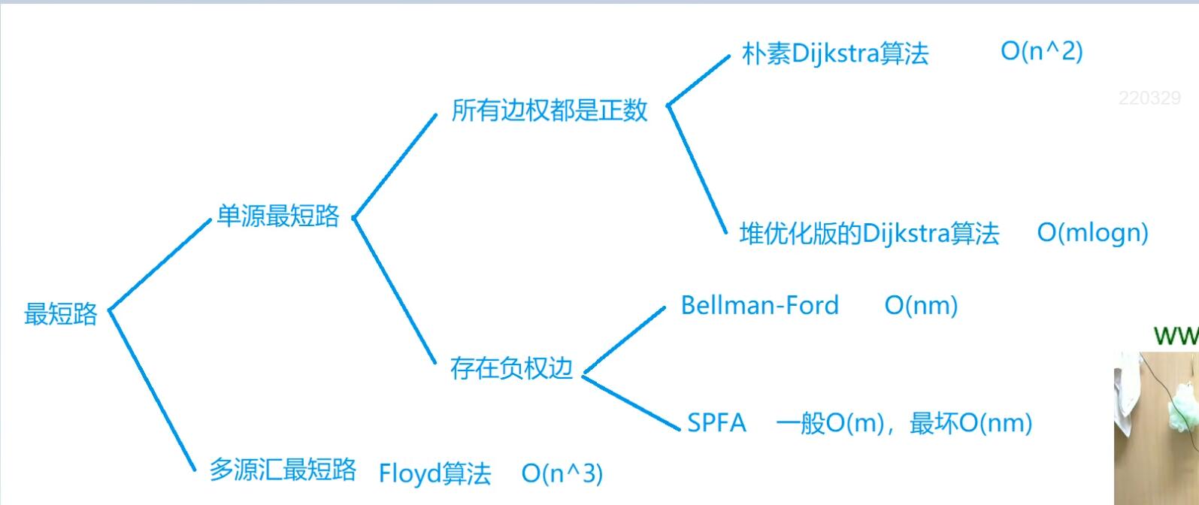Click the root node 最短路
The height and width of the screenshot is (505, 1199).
point(61,313)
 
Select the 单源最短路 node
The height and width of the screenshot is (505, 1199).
point(278,216)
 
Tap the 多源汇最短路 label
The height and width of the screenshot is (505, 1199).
point(282,470)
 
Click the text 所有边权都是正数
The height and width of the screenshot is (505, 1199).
point(550,110)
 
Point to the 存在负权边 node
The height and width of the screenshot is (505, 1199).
point(511,368)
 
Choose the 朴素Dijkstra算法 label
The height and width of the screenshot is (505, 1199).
point(835,53)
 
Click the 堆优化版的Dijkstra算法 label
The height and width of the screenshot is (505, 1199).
point(869,234)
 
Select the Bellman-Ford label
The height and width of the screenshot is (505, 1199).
point(759,305)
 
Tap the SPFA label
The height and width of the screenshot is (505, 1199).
point(716,423)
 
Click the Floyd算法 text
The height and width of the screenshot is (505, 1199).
point(434,473)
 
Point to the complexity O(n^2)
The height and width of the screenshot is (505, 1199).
point(1041,51)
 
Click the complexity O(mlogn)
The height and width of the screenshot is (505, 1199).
point(1092,233)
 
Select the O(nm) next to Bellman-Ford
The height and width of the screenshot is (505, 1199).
point(921,306)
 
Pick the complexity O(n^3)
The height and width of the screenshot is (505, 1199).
point(562,473)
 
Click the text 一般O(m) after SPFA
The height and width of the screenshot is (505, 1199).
point(829,423)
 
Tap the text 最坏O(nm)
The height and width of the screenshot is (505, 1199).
point(970,423)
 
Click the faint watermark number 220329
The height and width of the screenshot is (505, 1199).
point(1149,98)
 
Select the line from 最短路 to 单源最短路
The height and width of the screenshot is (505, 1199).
point(160,264)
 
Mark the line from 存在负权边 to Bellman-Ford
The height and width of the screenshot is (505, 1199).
point(625,338)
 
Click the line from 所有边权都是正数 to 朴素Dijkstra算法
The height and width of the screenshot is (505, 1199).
point(698,80)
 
